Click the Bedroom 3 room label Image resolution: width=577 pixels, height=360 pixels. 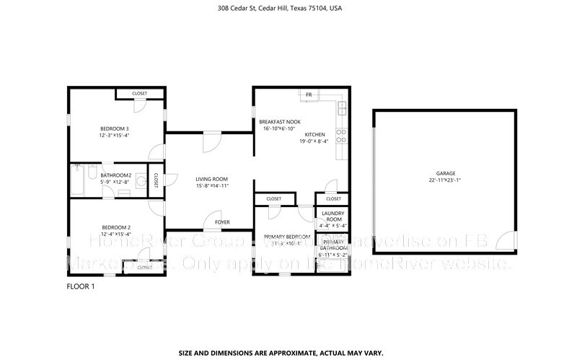point(115,128)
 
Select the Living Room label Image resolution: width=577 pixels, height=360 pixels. point(212,179)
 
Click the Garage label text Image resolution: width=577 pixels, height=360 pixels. point(445,174)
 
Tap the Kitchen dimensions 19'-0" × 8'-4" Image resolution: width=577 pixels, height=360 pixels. point(314,141)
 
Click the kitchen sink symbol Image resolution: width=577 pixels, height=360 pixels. point(343,110)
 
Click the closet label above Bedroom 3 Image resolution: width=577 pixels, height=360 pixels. point(139,94)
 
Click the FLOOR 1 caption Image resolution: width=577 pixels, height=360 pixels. point(81,286)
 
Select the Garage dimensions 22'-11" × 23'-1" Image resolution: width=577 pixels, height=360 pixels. point(445,181)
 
